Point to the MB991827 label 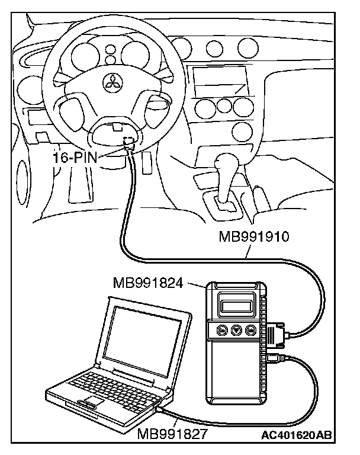coord(172,434)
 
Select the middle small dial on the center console coord(224,105)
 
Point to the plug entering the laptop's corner coord(162,409)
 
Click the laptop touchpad coord(89,405)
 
